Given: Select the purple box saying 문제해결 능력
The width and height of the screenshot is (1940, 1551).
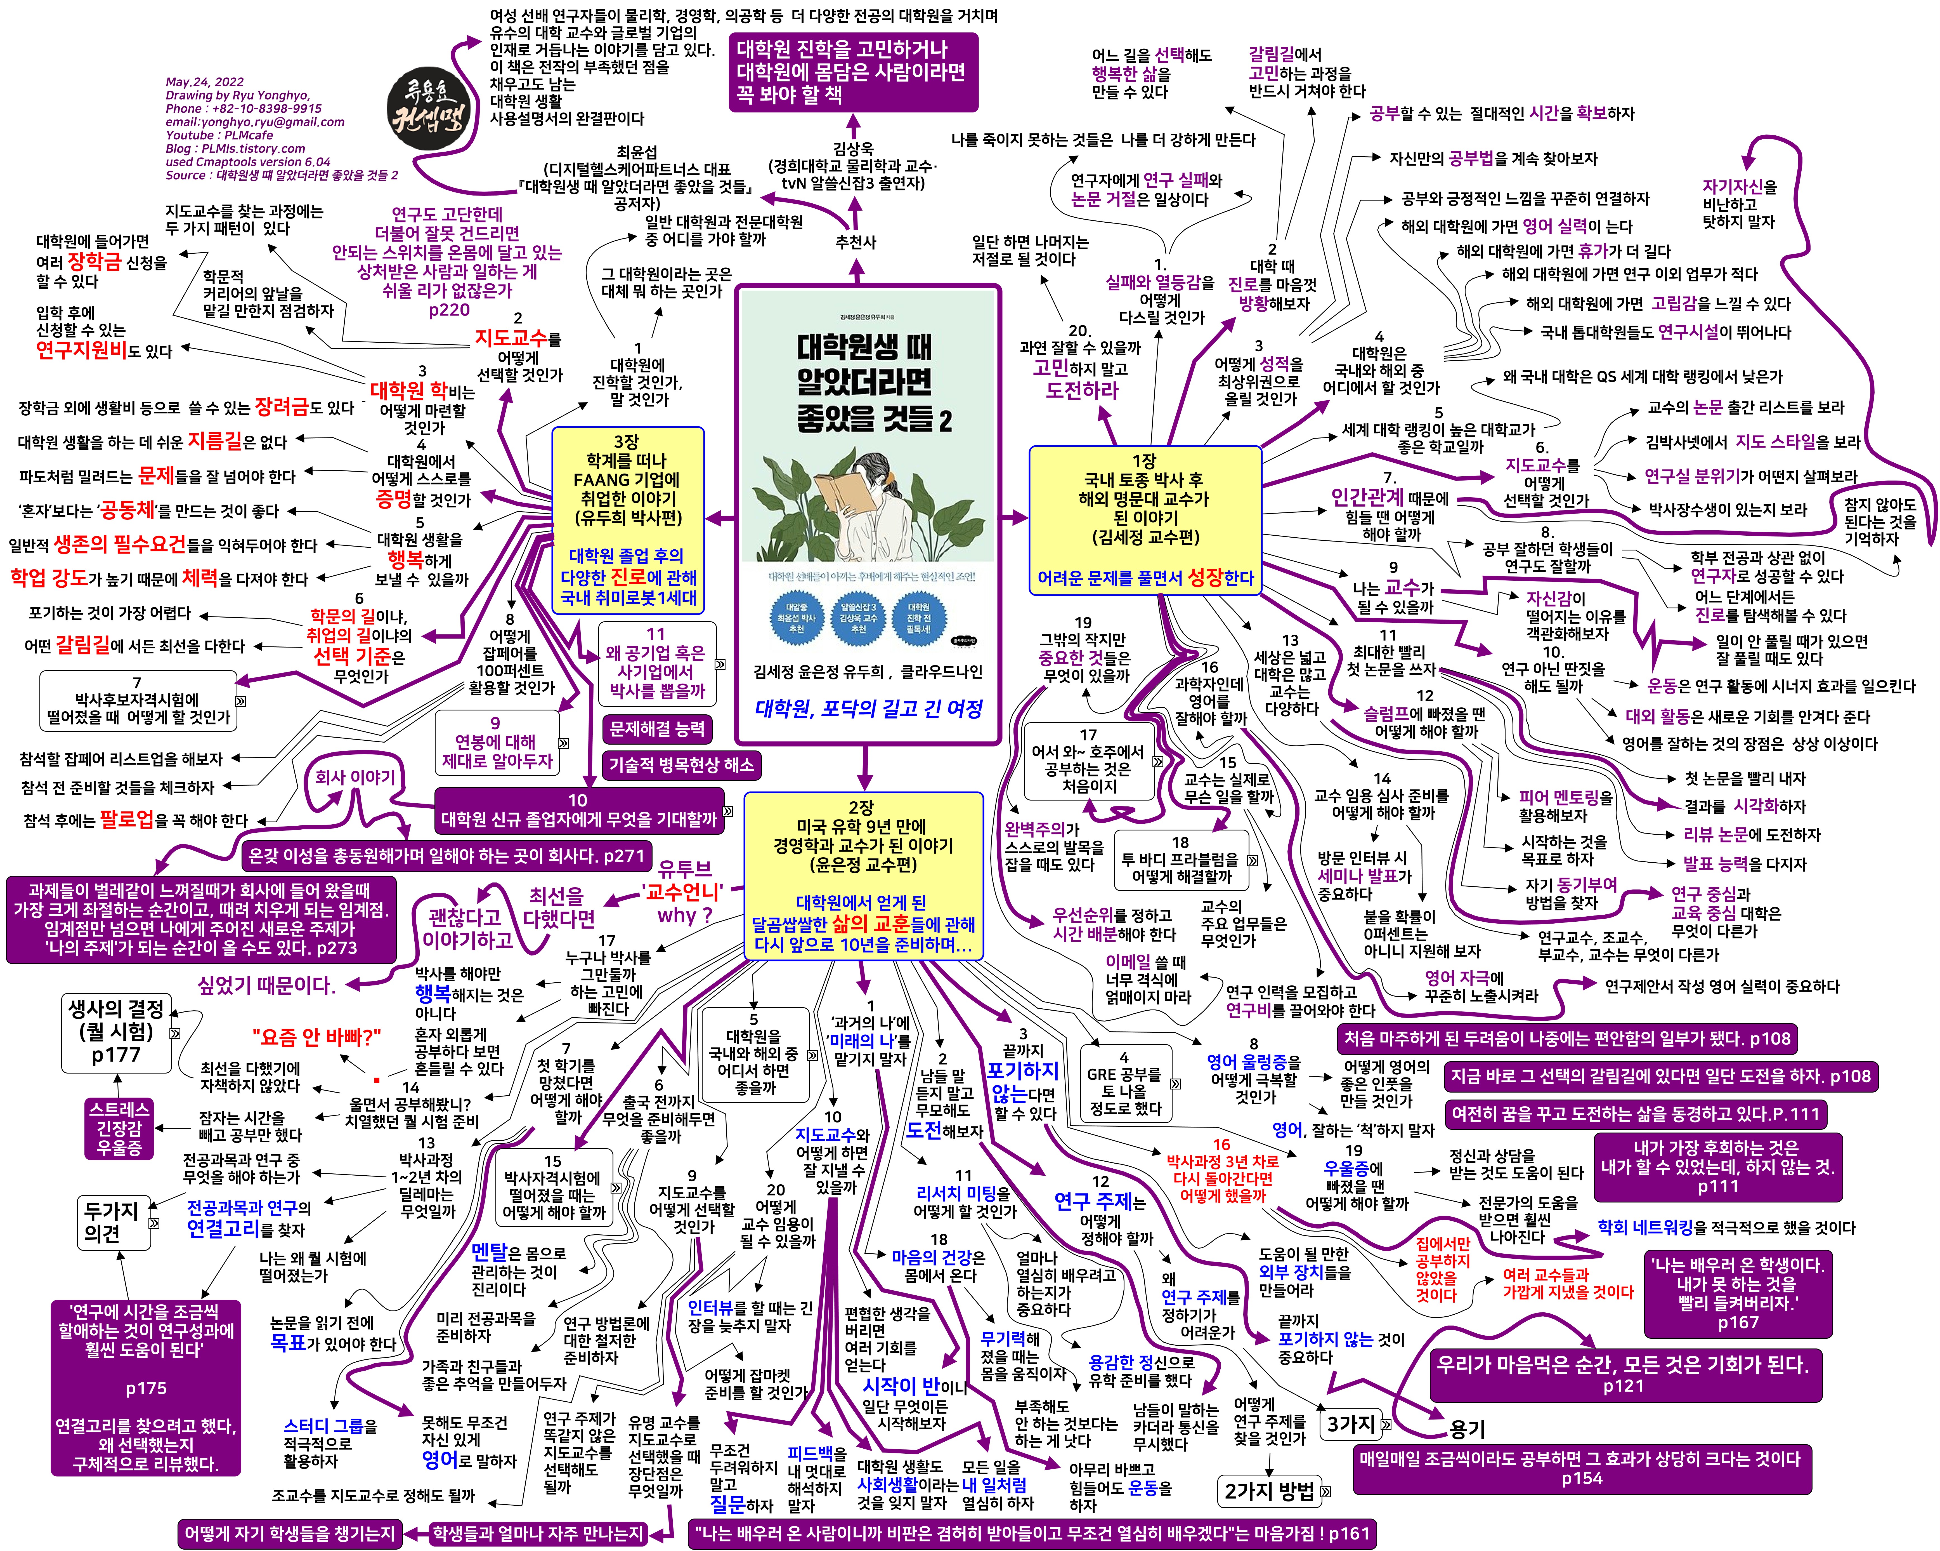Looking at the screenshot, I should (657, 728).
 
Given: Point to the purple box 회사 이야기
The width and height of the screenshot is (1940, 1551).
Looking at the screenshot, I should (355, 777).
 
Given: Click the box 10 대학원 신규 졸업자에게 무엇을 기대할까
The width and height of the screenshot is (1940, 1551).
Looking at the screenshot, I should (578, 810).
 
